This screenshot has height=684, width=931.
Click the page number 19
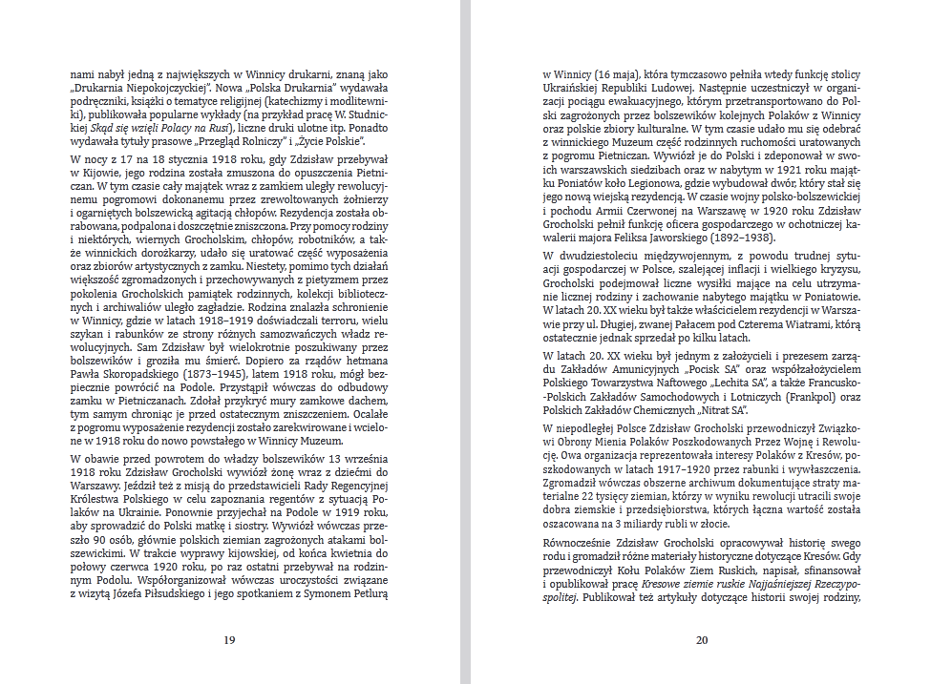229,640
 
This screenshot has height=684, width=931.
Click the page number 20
702,640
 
